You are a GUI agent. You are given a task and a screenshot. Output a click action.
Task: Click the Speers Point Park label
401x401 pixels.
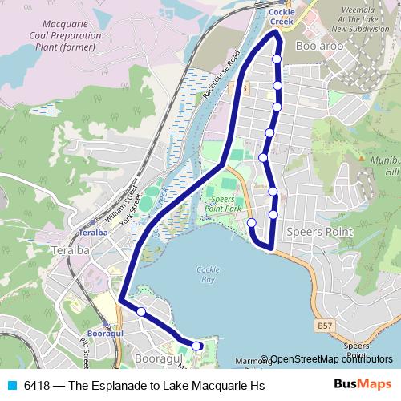click(223, 203)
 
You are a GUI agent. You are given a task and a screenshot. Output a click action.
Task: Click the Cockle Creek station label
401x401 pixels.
click(282, 18)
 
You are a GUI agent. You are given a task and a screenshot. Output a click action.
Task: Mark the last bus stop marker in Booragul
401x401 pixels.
click(197, 346)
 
